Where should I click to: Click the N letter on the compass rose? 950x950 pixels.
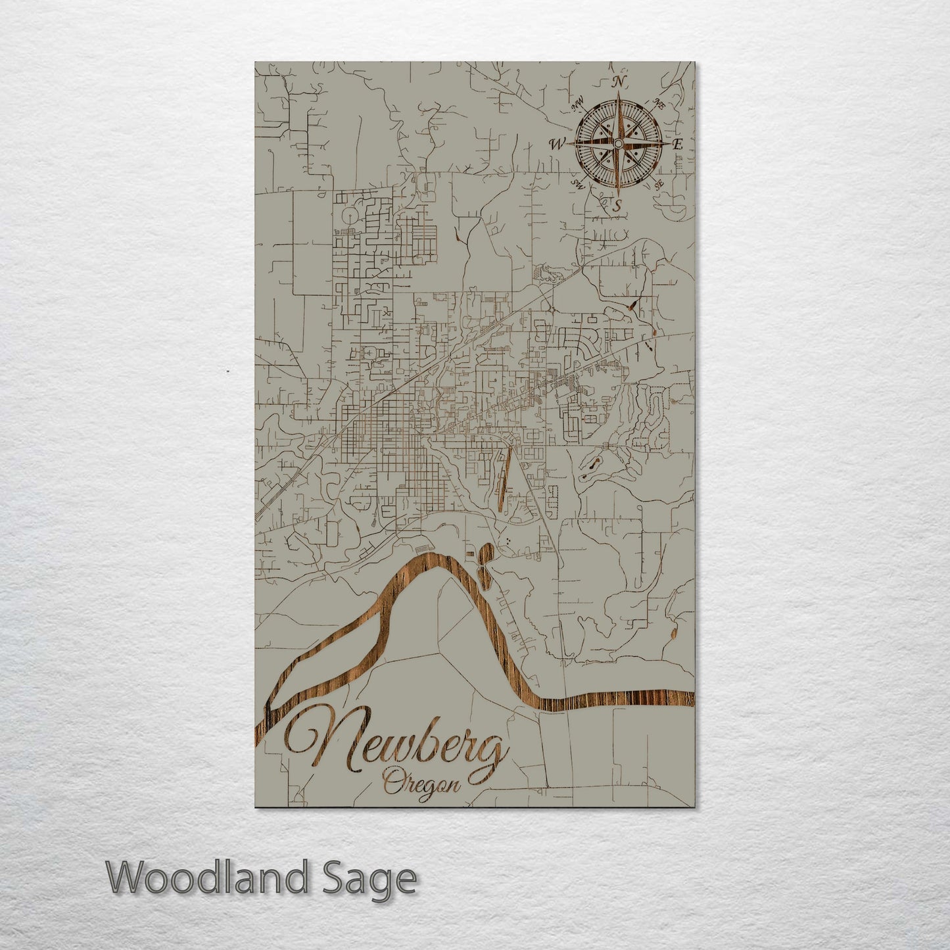click(619, 82)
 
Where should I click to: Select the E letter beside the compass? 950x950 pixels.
click(678, 144)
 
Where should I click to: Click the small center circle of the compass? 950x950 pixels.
click(618, 143)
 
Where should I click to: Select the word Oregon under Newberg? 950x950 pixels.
click(421, 783)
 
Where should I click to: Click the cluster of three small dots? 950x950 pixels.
click(510, 540)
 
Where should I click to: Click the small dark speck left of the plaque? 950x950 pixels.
click(227, 371)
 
